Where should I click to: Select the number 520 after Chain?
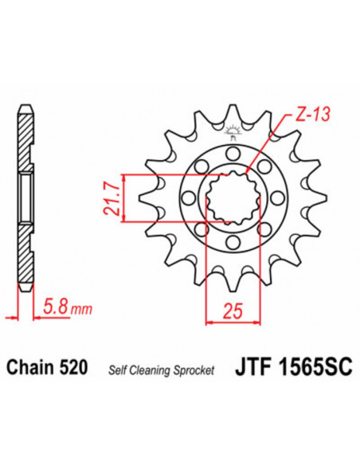[x=75, y=368]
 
